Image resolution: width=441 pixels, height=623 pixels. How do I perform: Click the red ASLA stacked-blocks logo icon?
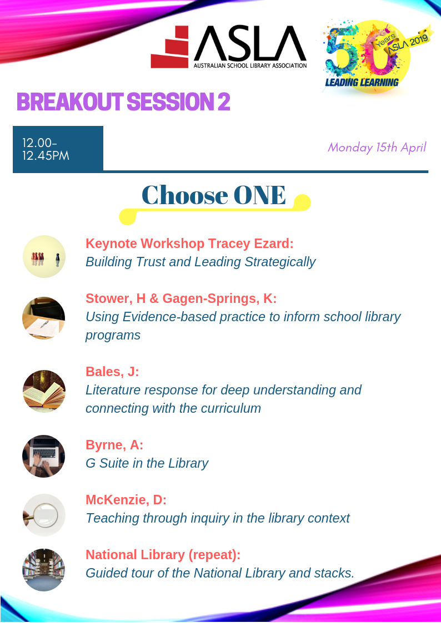point(170,47)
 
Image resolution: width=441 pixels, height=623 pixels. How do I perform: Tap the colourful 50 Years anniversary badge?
point(373,55)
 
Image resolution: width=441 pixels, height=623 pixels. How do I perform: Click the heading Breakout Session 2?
point(123,102)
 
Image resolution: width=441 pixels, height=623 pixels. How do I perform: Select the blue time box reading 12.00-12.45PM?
point(58,149)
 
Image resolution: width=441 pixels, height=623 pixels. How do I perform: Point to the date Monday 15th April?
point(377,148)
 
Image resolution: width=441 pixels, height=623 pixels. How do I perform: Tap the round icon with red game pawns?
point(44,256)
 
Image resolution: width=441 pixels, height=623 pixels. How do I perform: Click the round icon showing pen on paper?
point(44,318)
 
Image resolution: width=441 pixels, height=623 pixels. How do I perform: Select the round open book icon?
point(44,391)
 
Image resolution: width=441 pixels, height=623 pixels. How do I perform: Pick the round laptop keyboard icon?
point(44,455)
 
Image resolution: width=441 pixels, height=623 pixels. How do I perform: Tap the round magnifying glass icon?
point(44,515)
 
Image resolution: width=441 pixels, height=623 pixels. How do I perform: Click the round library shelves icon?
point(44,570)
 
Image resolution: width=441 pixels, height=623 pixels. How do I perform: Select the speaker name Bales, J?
point(113,372)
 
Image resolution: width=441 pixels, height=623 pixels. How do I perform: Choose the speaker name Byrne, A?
point(114,445)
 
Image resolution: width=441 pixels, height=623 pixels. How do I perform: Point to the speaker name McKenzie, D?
point(126,500)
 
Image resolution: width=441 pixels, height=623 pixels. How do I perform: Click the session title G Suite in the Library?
point(147,463)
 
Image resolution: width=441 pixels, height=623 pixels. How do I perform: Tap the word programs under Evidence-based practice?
point(113,336)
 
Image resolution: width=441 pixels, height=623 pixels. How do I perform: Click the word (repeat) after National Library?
point(214,555)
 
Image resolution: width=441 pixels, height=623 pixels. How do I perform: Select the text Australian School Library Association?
point(250,65)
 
